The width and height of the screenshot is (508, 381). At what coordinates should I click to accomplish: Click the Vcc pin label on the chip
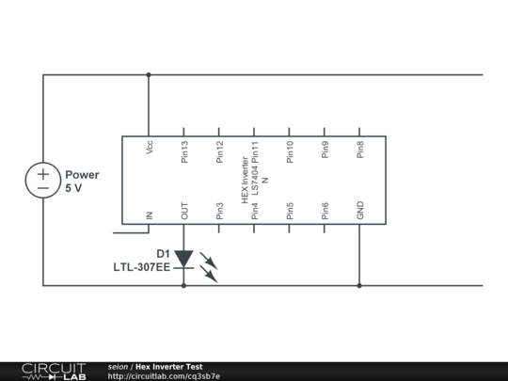pos(149,149)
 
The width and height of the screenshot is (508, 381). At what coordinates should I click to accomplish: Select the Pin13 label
pos(184,151)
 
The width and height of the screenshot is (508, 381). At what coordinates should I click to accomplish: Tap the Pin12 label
pos(219,151)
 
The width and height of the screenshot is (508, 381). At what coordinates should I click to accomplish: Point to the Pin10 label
pos(290,151)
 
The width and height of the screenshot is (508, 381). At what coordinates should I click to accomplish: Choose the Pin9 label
pos(325,150)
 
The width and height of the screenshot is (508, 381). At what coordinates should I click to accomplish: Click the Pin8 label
pos(360,150)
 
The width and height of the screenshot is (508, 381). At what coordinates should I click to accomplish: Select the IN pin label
pos(149,215)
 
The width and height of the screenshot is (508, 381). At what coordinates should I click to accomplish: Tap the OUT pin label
pos(184,212)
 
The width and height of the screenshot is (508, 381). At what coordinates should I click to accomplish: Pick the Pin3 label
pos(219,212)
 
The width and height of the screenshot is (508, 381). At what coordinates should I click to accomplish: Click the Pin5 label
pos(290,212)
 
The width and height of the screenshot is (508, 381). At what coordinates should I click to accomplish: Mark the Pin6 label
pos(325,212)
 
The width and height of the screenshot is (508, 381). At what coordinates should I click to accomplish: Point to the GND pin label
pos(360,212)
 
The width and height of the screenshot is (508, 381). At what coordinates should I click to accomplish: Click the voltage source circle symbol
pos(43,180)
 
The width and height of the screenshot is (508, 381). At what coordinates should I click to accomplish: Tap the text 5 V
pos(74,188)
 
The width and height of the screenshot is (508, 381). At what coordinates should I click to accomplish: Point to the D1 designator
pos(163,254)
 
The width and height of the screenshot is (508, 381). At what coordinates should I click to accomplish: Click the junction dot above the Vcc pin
pos(149,74)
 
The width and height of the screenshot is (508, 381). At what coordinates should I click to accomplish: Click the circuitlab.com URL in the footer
pos(164,376)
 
